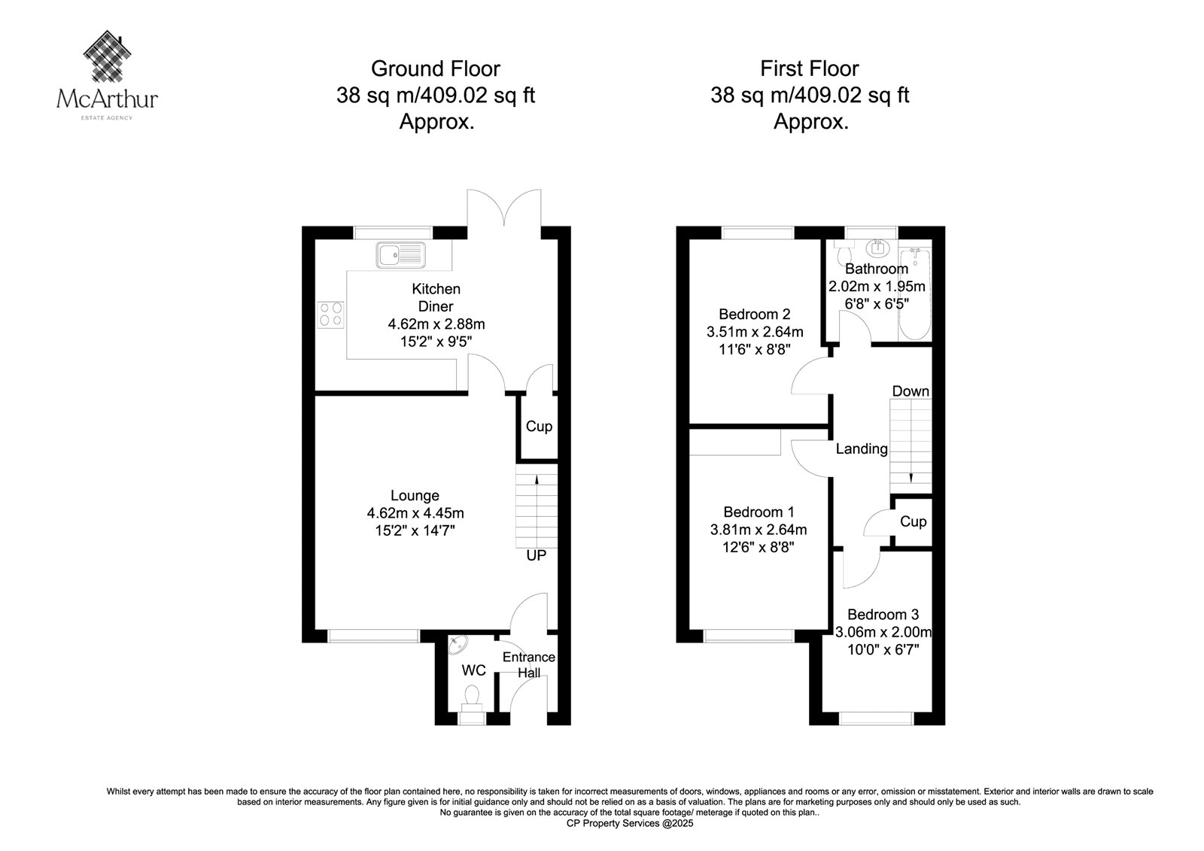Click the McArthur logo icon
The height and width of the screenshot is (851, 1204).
tap(108, 56)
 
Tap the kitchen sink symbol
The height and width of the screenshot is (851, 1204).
tap(400, 255)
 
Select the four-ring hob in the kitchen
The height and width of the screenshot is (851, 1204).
tap(331, 315)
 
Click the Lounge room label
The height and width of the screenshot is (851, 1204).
tap(415, 495)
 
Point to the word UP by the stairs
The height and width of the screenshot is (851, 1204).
tap(536, 555)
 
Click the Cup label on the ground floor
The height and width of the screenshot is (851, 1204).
tap(539, 427)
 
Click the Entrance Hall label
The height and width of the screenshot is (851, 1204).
tap(529, 664)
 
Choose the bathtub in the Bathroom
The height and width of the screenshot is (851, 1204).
tap(915, 293)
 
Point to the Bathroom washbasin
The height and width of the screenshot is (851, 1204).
tap(878, 248)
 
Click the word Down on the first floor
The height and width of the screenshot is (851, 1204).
tap(911, 391)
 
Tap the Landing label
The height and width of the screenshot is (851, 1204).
tap(862, 448)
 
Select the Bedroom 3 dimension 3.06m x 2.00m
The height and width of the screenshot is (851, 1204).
tap(883, 632)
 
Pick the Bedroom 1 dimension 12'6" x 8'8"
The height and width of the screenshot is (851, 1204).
tap(759, 547)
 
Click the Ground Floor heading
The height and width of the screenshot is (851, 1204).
tap(436, 68)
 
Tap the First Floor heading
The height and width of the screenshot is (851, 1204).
tap(810, 68)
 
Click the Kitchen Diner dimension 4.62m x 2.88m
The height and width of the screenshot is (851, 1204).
tap(436, 324)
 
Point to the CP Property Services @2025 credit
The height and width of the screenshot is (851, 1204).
tap(630, 823)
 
